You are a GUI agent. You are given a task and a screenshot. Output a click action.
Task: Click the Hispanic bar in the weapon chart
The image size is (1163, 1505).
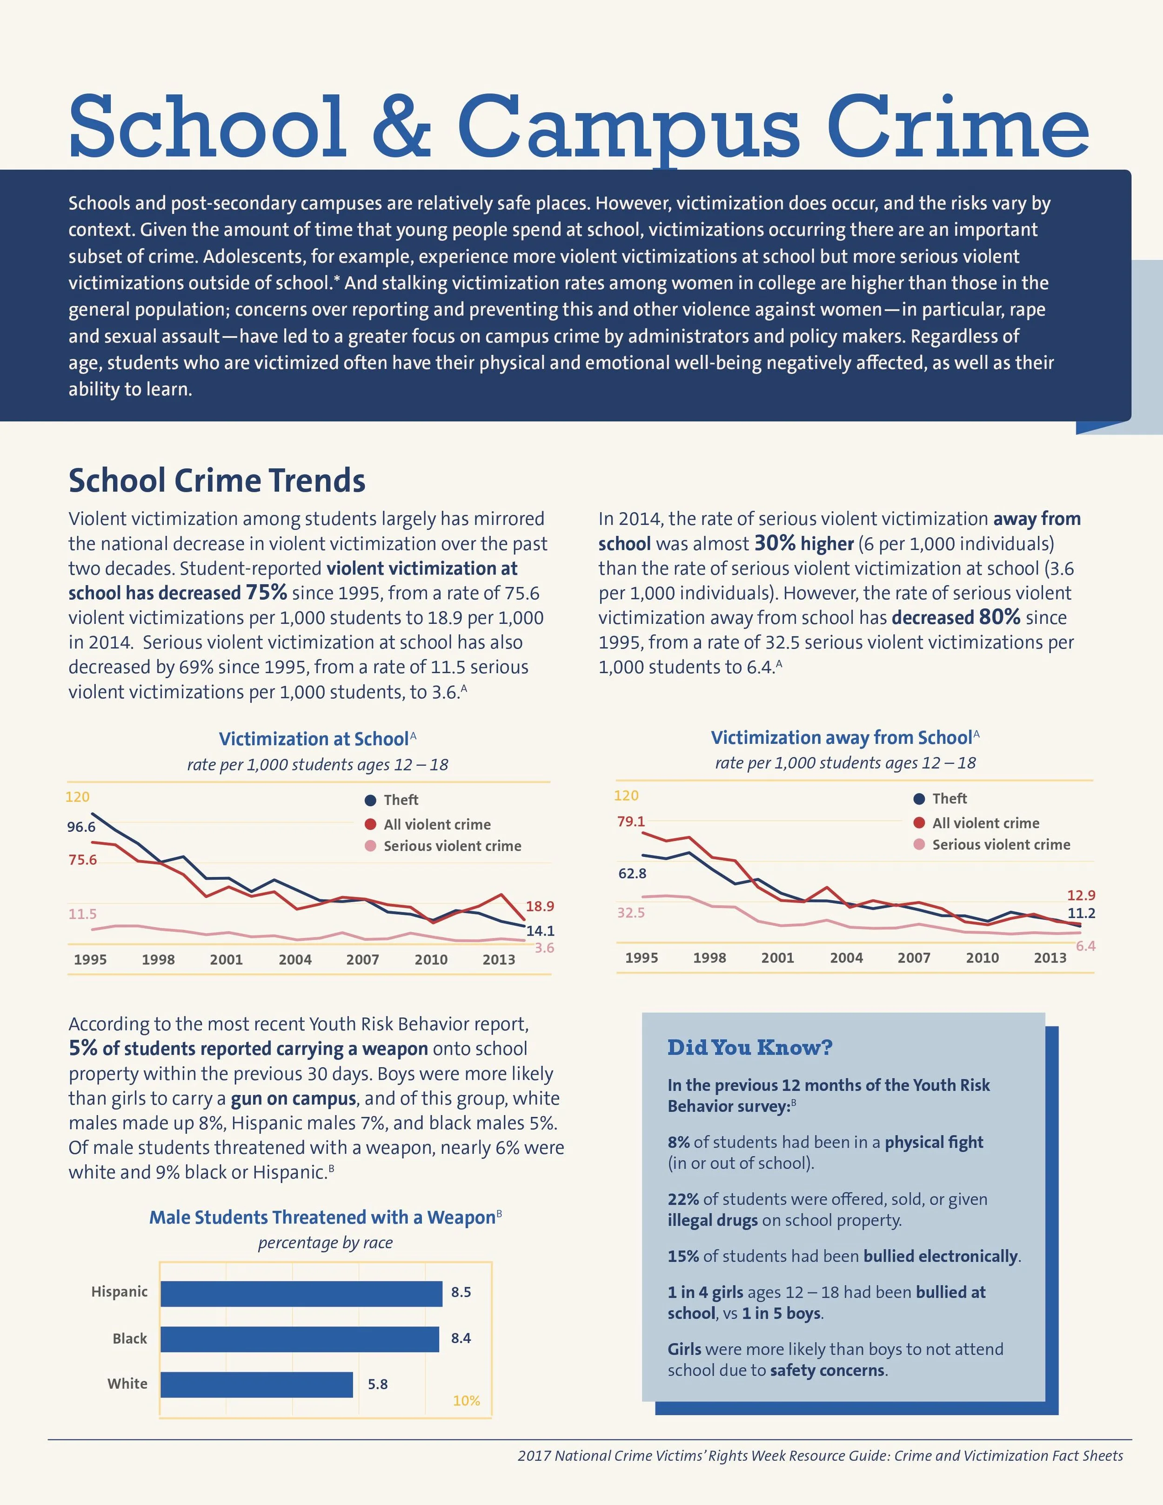[x=301, y=1293]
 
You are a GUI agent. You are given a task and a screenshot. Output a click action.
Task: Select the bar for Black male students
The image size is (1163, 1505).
[x=300, y=1339]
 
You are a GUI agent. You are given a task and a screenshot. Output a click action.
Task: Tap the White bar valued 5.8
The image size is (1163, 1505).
[x=256, y=1385]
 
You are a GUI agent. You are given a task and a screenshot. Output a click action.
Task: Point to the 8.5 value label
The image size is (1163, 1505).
[x=461, y=1292]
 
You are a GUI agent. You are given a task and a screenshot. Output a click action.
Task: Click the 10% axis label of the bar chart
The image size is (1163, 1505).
[x=467, y=1401]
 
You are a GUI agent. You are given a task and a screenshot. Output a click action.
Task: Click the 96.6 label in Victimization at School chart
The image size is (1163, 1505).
[x=81, y=827]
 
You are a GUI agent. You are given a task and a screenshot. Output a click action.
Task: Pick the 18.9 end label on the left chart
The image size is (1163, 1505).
[x=540, y=906]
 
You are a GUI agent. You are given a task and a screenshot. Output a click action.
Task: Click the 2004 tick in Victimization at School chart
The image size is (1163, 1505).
[x=295, y=959]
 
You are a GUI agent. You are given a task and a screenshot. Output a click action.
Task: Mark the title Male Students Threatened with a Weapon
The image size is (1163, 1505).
[x=322, y=1217]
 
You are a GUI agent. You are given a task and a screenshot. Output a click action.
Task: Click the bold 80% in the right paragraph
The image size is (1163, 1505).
[x=1000, y=617]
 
